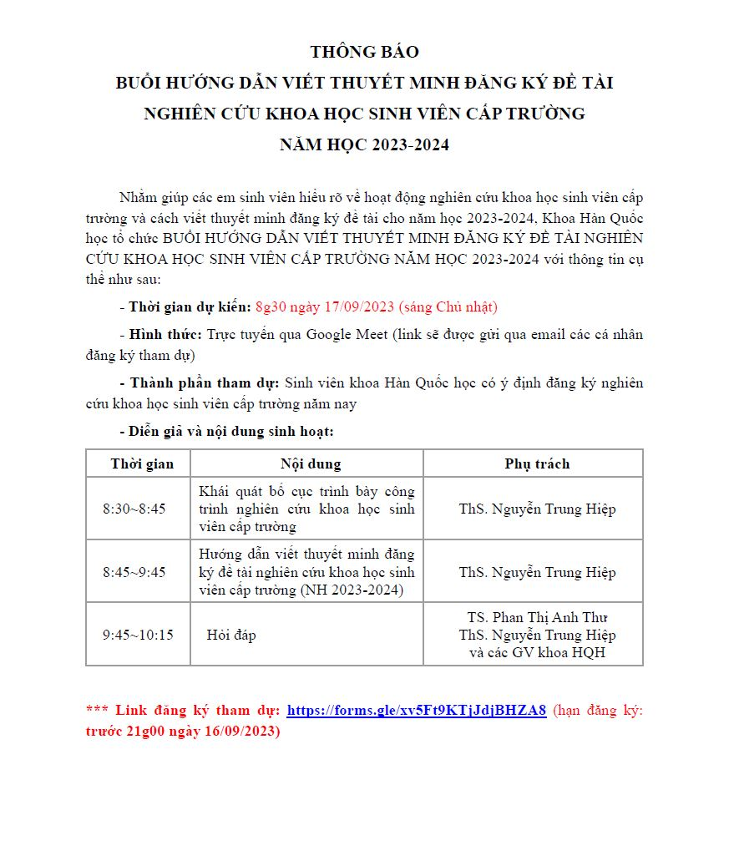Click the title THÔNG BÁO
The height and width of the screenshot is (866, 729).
pos(364,53)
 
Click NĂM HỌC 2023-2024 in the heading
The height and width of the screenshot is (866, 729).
pos(364,144)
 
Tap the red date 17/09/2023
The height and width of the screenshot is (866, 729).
pos(359,306)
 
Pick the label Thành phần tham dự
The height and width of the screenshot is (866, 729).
pos(205,383)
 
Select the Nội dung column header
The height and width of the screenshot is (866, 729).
pos(306,463)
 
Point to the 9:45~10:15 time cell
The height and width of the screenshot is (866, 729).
pos(138,635)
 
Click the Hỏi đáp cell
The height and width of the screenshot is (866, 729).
pos(231,635)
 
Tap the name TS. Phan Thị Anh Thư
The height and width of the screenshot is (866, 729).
pos(537,617)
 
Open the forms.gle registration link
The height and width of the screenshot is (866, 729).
pos(416,711)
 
